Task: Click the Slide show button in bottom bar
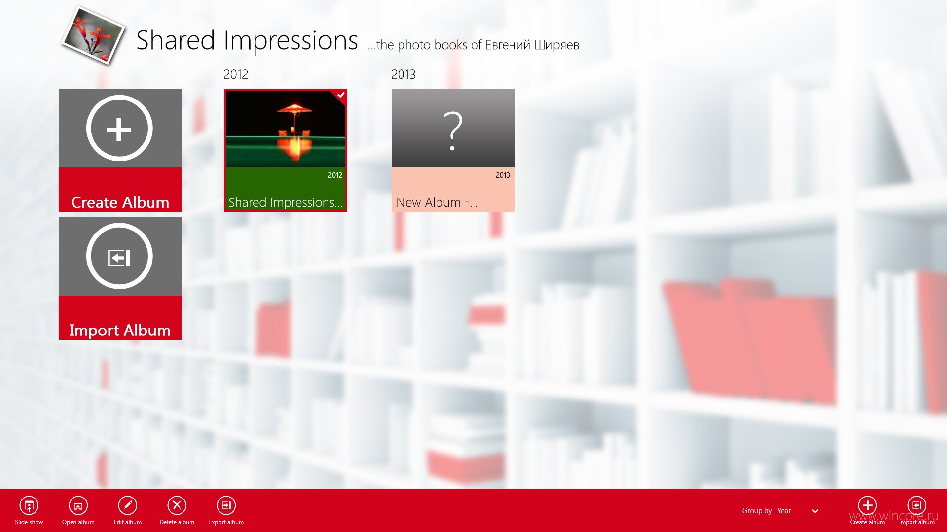pos(29,506)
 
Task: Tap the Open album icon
pos(78,506)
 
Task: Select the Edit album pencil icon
pos(127,506)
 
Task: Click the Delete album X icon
pos(177,506)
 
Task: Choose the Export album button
pos(226,506)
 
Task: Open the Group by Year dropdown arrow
pos(815,511)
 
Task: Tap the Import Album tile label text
pos(120,331)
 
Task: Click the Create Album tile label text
pos(120,202)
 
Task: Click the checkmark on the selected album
pos(341,95)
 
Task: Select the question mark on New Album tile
pos(453,131)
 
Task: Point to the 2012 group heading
pos(236,74)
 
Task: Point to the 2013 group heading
pos(403,74)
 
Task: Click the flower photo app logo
pos(93,35)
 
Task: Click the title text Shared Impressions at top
pos(247,40)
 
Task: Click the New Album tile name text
pos(437,202)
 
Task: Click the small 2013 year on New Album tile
pos(503,175)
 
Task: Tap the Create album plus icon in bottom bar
pos(867,505)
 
